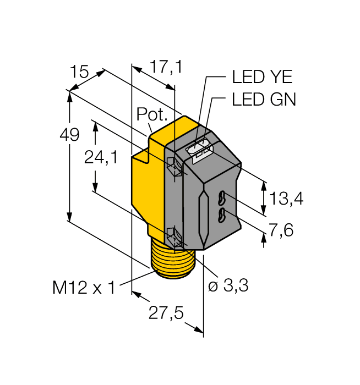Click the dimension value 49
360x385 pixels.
(x=70, y=135)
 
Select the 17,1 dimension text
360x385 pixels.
(x=166, y=68)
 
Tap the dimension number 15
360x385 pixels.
(x=79, y=71)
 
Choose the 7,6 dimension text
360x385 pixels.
(x=281, y=229)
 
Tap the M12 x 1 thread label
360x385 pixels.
(x=84, y=287)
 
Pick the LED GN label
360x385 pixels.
(x=264, y=100)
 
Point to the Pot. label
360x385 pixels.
(x=151, y=114)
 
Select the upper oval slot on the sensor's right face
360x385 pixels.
(x=222, y=196)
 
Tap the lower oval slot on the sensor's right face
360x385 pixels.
(x=222, y=215)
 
